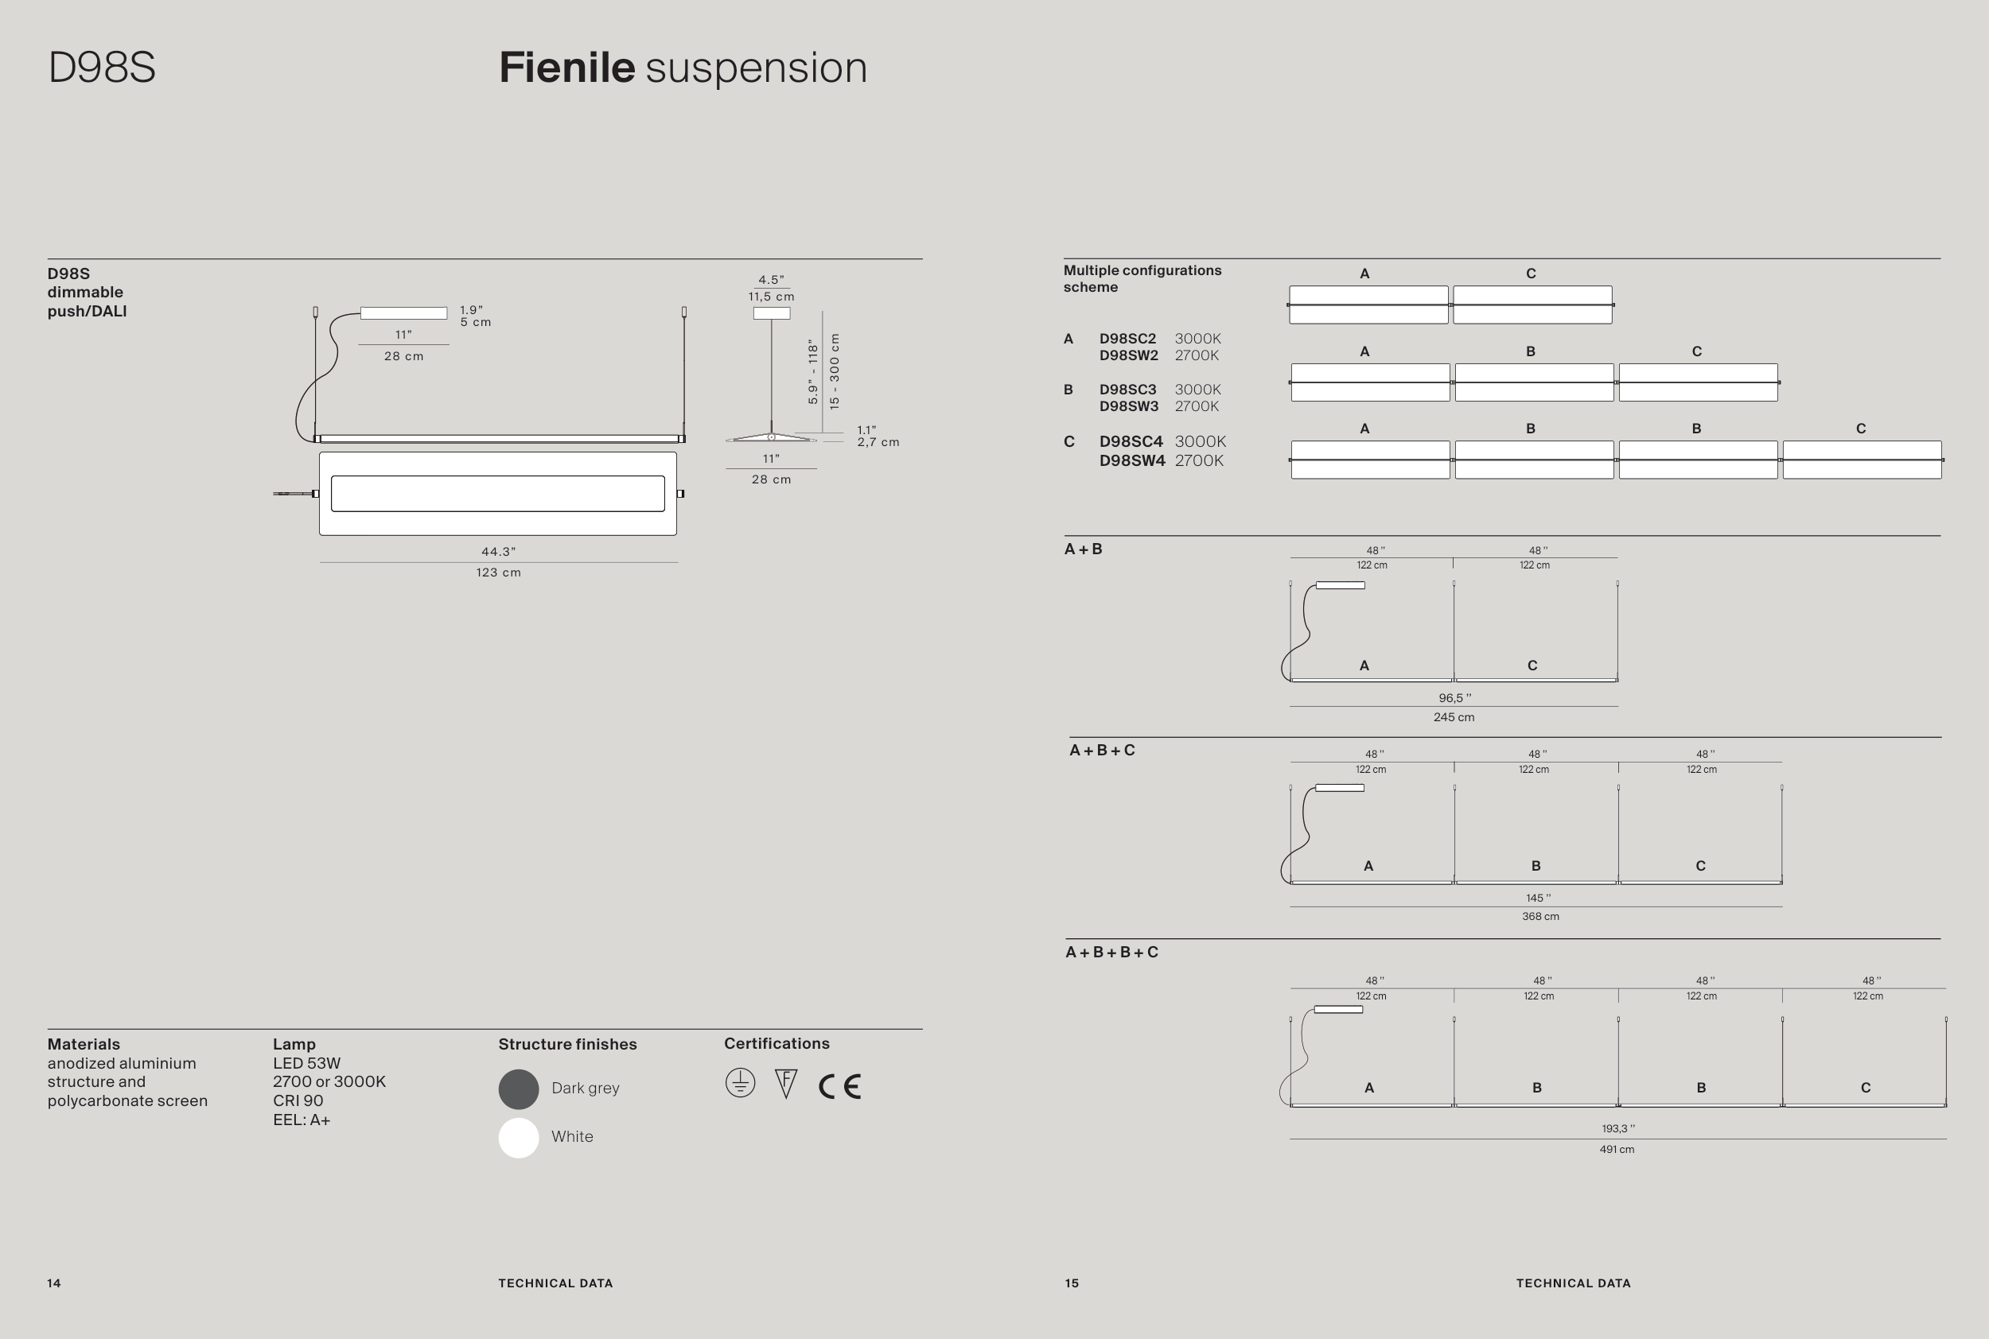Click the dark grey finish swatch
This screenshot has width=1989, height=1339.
point(519,1089)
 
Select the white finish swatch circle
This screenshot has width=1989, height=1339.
point(519,1138)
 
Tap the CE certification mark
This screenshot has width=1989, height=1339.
point(840,1086)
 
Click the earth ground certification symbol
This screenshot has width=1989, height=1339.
point(740,1083)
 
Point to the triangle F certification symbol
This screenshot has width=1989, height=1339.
point(785,1084)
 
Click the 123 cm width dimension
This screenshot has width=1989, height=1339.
point(498,573)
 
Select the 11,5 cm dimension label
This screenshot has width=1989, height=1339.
point(771,297)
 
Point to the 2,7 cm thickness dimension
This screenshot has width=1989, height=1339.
point(878,442)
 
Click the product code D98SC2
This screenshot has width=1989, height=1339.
point(1127,339)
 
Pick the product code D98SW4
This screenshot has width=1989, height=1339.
point(1131,461)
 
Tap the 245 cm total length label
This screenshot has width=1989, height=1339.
point(1454,717)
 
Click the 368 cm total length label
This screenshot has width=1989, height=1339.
point(1539,916)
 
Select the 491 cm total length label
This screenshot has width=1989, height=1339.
point(1617,1150)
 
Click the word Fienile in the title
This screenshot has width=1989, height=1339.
point(566,68)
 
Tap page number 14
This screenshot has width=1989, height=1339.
point(54,1283)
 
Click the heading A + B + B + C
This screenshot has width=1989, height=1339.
point(1111,952)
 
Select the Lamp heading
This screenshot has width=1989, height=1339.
point(294,1044)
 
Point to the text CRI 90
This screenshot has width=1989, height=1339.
point(298,1100)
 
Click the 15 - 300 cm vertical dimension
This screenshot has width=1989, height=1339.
point(835,371)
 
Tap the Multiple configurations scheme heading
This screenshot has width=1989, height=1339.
point(1142,278)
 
